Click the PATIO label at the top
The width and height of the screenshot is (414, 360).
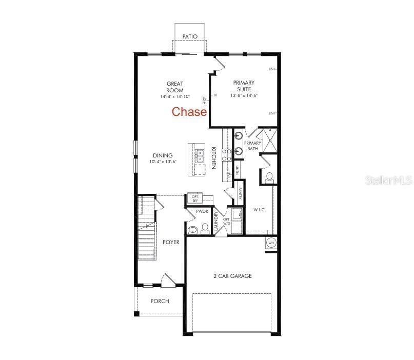pyautogui.click(x=190, y=36)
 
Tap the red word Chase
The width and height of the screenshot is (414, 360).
pyautogui.click(x=189, y=112)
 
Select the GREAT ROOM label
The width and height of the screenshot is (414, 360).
pyautogui.click(x=175, y=87)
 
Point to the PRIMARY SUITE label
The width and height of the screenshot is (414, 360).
pyautogui.click(x=244, y=86)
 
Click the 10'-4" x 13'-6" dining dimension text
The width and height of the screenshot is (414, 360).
pyautogui.click(x=163, y=162)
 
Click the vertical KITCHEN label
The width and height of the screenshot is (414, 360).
pyautogui.click(x=213, y=158)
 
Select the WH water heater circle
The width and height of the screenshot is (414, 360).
pyautogui.click(x=271, y=243)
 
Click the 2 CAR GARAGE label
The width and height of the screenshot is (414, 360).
pyautogui.click(x=232, y=276)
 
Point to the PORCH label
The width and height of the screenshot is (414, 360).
pyautogui.click(x=160, y=301)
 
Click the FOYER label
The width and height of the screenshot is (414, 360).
pyautogui.click(x=171, y=242)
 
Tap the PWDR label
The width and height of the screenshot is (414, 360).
pyautogui.click(x=201, y=211)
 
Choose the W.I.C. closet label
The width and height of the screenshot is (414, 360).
pyautogui.click(x=259, y=210)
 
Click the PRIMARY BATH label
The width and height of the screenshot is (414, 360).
pyautogui.click(x=252, y=146)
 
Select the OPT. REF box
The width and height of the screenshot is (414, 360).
pyautogui.click(x=195, y=198)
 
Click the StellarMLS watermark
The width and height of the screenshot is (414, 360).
pyautogui.click(x=388, y=181)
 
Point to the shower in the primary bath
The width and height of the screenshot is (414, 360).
pyautogui.click(x=269, y=139)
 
